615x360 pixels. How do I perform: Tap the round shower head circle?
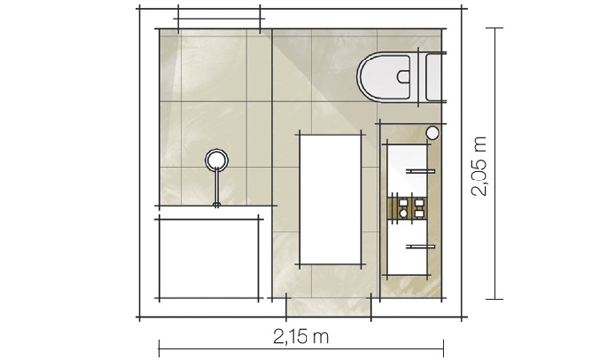point(216,158)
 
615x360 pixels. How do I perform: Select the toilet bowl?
point(384,76)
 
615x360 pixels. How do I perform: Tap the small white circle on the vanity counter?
point(431,132)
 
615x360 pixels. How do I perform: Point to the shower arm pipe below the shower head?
point(216,185)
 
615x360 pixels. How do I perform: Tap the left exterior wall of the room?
point(146,164)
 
